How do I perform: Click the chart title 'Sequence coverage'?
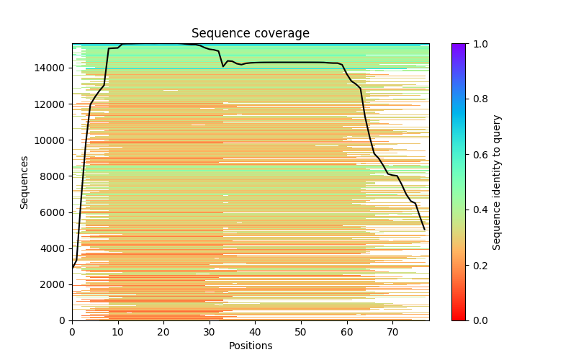click(x=250, y=33)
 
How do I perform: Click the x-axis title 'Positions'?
click(x=250, y=346)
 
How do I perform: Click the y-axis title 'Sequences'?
click(x=24, y=182)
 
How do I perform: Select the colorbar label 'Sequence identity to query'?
click(x=497, y=182)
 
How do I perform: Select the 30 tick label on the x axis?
click(x=210, y=332)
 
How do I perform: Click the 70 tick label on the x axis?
click(x=392, y=332)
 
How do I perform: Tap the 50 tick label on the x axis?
click(x=301, y=332)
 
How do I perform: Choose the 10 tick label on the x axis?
click(x=118, y=332)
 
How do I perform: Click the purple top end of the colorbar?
click(x=459, y=45)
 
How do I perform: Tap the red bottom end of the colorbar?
click(x=459, y=318)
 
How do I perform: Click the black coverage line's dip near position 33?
click(x=223, y=66)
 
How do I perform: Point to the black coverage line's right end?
click(x=425, y=230)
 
